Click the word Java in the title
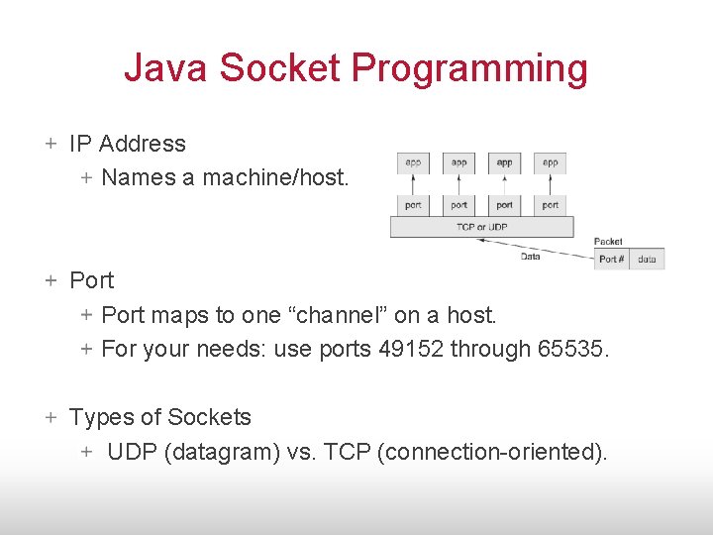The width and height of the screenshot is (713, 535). click(x=166, y=68)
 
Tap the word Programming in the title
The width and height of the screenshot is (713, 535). click(x=469, y=68)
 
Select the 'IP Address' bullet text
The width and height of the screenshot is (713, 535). click(x=128, y=144)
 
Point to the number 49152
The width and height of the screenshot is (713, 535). click(x=415, y=349)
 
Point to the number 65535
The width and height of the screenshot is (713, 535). click(x=573, y=349)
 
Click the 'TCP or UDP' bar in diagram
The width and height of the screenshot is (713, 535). click(x=481, y=227)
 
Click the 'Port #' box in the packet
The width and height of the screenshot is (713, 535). click(x=612, y=259)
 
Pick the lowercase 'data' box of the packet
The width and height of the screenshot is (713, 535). click(x=647, y=259)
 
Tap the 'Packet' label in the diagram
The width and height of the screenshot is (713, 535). click(x=607, y=241)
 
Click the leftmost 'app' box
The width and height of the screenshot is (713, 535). click(x=413, y=162)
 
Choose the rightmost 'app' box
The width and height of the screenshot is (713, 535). click(x=551, y=162)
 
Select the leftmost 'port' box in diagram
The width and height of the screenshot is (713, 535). click(x=413, y=205)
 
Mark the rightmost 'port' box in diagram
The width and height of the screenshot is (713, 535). click(x=551, y=205)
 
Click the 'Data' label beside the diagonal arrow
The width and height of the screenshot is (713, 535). click(x=530, y=257)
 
